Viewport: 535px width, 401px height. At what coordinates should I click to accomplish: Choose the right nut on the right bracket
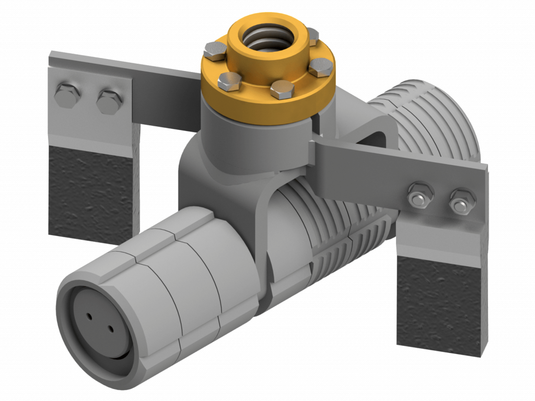(460, 200)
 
